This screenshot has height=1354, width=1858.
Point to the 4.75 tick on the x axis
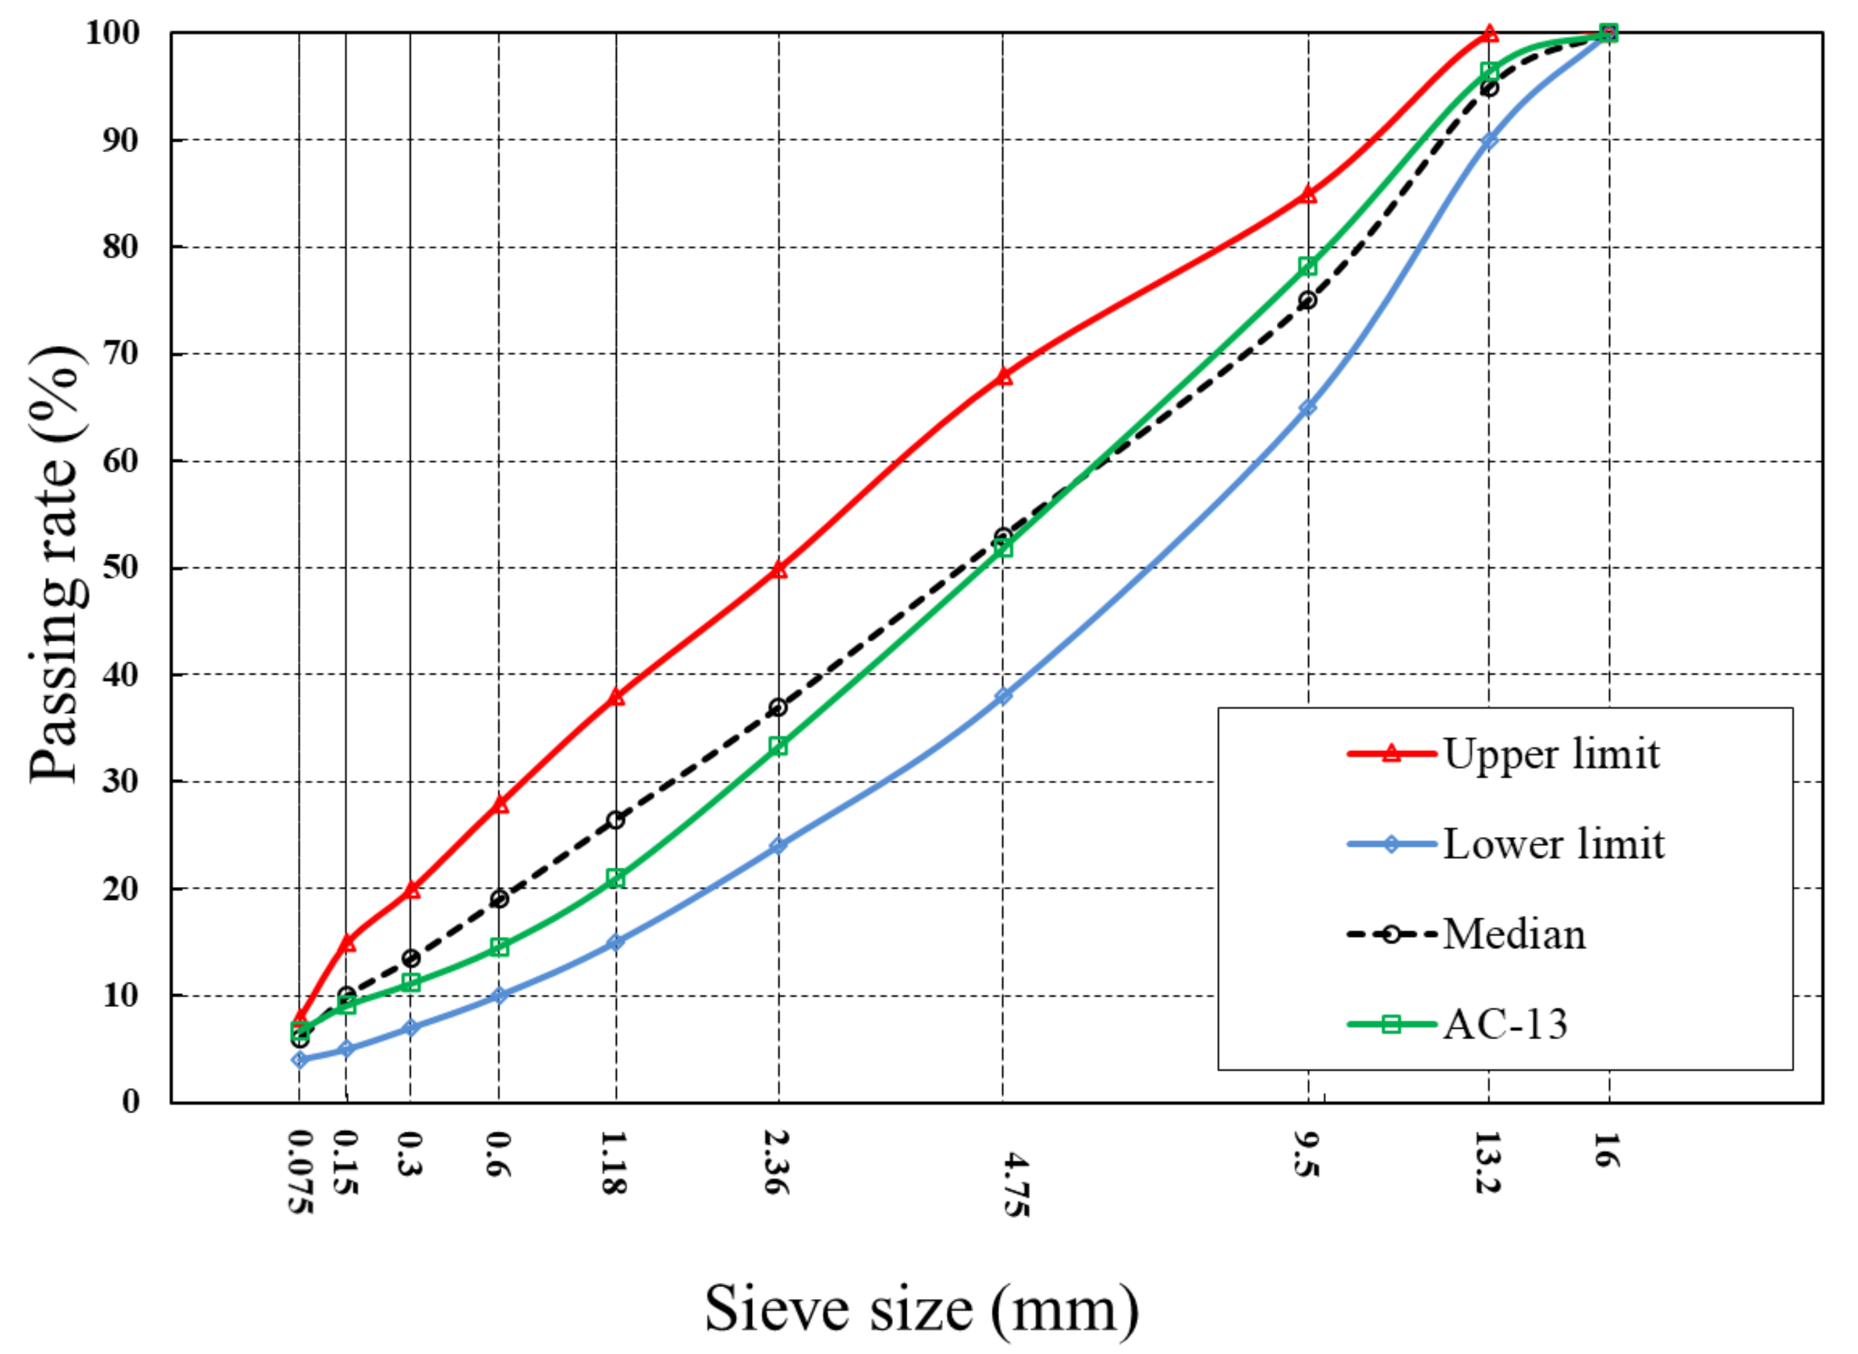1016,1184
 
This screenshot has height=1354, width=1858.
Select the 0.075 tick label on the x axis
300,1172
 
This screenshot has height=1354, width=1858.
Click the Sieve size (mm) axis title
921,1309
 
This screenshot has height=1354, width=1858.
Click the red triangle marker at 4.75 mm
1004,376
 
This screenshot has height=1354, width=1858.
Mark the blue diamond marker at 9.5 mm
1308,407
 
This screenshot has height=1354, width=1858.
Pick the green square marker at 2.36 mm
779,746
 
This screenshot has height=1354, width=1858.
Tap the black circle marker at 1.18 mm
615,819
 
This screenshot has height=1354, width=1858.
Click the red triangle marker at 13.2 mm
1490,33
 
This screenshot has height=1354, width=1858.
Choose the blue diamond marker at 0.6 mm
499,996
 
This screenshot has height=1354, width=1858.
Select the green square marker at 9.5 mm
1308,266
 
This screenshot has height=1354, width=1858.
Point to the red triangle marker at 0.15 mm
348,943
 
